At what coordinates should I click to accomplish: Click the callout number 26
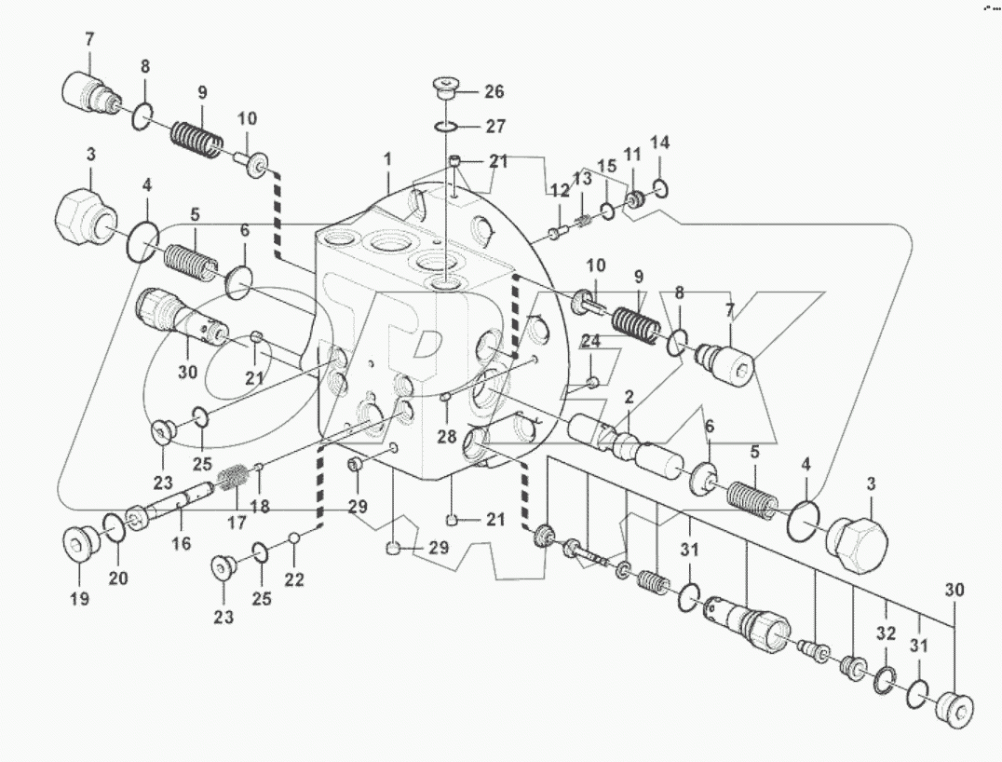494,91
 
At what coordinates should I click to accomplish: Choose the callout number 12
558,190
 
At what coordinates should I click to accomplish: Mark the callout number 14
659,143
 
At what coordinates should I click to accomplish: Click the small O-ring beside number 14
660,191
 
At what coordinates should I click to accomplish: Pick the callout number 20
117,578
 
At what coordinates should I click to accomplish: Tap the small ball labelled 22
294,537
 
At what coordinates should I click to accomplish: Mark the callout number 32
886,633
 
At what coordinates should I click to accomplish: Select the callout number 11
632,154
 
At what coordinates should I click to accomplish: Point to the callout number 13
582,179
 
